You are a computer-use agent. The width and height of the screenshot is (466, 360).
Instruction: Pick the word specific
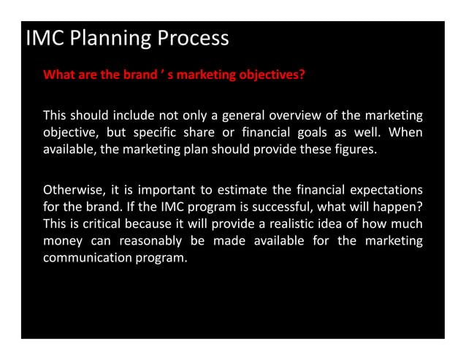[178, 132]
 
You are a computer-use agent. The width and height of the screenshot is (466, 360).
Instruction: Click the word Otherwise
[72, 188]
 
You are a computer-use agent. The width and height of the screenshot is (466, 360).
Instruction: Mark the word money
[61, 240]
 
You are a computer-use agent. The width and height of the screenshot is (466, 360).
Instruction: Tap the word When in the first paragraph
[405, 132]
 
